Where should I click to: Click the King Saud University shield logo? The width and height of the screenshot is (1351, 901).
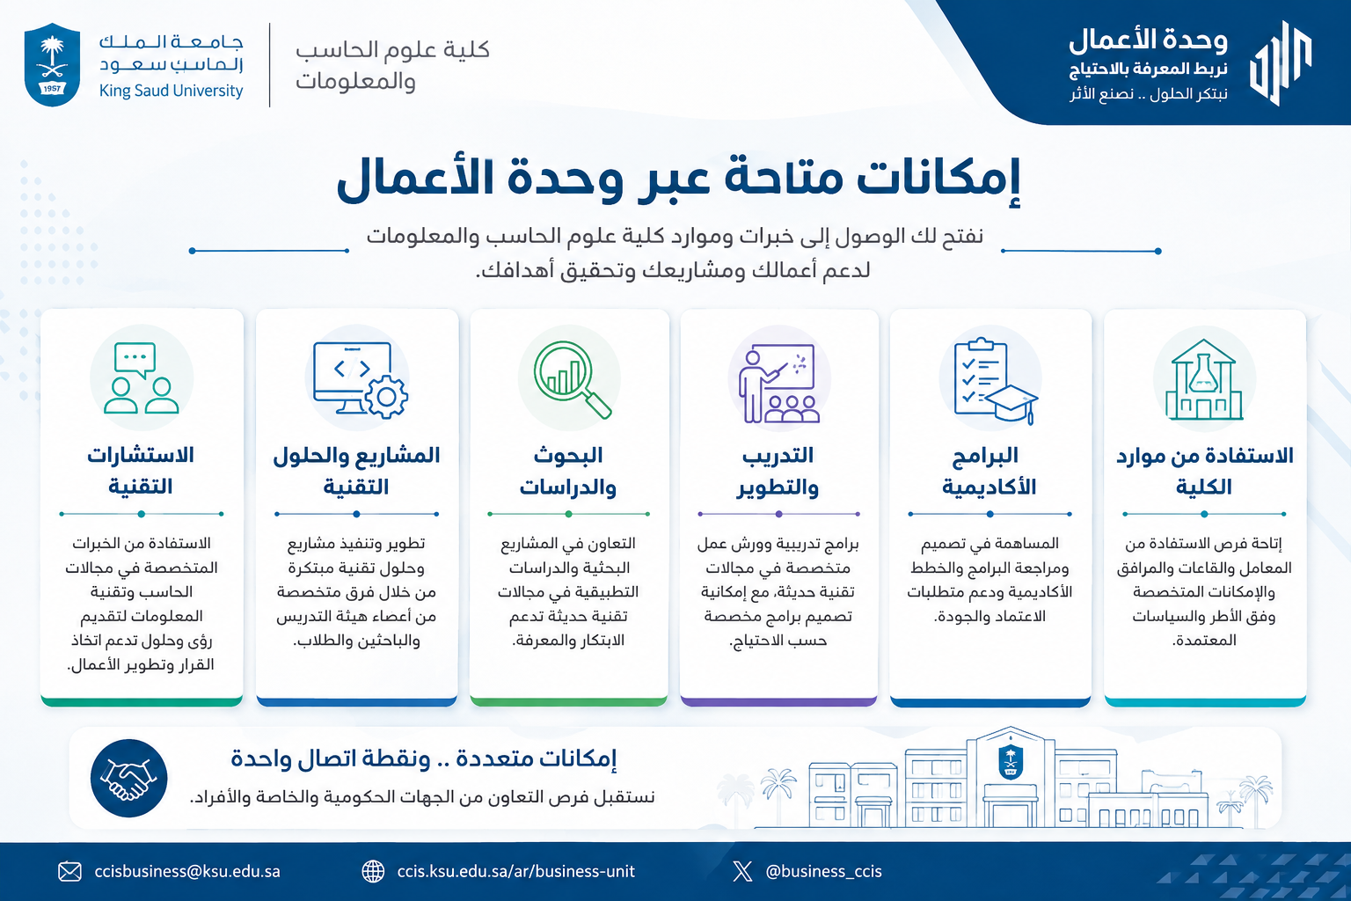click(52, 64)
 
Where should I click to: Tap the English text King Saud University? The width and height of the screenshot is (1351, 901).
click(171, 91)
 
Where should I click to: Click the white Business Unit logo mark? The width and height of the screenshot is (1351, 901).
click(1281, 63)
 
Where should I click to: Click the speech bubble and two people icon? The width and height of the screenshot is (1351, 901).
click(141, 377)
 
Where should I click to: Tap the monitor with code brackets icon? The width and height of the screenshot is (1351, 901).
click(360, 379)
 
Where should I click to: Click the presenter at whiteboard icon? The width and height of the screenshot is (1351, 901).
click(778, 383)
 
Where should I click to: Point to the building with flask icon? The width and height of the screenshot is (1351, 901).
click(1204, 379)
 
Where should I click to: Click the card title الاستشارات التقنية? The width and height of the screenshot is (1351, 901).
click(141, 471)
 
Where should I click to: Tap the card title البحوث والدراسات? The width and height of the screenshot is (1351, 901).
click(567, 471)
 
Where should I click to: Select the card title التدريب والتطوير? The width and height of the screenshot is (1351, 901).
click(778, 471)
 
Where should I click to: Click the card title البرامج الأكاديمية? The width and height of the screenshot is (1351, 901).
click(990, 471)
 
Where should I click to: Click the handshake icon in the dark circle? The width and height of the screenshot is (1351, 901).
click(128, 778)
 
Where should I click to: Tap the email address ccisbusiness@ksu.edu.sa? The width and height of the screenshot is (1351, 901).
click(187, 871)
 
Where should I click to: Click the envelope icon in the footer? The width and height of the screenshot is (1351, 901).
click(70, 872)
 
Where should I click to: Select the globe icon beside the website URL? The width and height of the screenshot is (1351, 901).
click(373, 872)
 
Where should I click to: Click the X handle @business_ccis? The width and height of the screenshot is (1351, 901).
click(823, 871)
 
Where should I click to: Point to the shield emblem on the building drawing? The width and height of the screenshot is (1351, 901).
click(1011, 761)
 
